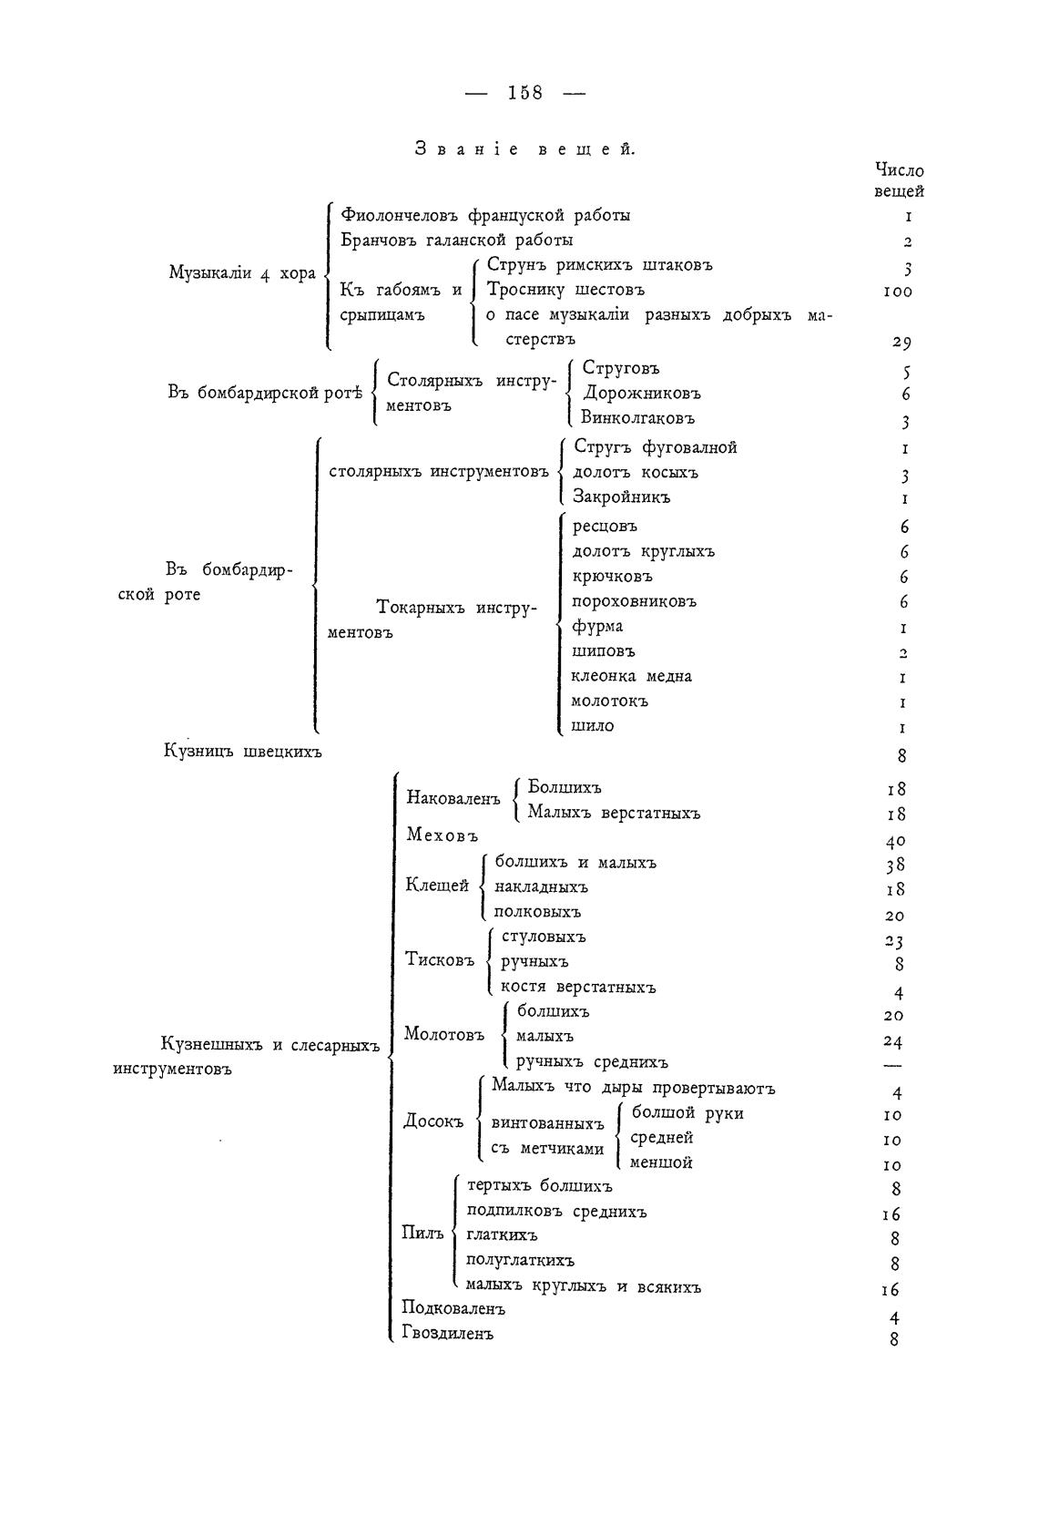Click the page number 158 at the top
525,92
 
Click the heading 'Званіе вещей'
524,148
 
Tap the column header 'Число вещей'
899,180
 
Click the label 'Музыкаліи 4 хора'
242,273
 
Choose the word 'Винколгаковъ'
637,418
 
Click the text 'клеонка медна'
631,676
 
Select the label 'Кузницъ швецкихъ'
243,752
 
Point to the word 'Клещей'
437,886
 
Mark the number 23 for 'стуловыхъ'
893,941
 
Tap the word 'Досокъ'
433,1121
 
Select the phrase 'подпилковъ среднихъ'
555,1212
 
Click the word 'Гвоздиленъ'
447,1334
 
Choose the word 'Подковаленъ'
453,1309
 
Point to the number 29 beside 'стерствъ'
900,343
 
